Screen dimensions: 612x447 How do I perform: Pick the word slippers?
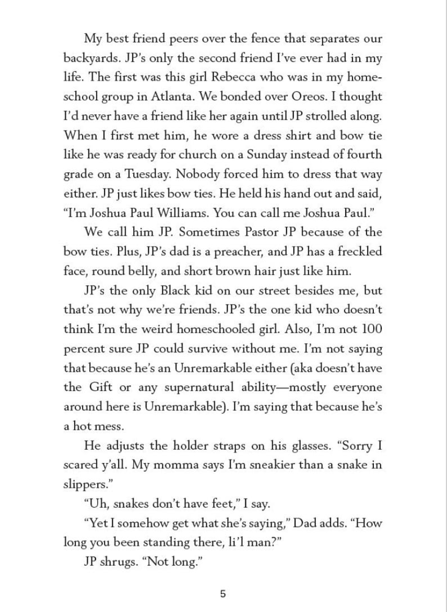coord(84,485)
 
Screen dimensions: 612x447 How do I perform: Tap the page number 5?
coord(223,594)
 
